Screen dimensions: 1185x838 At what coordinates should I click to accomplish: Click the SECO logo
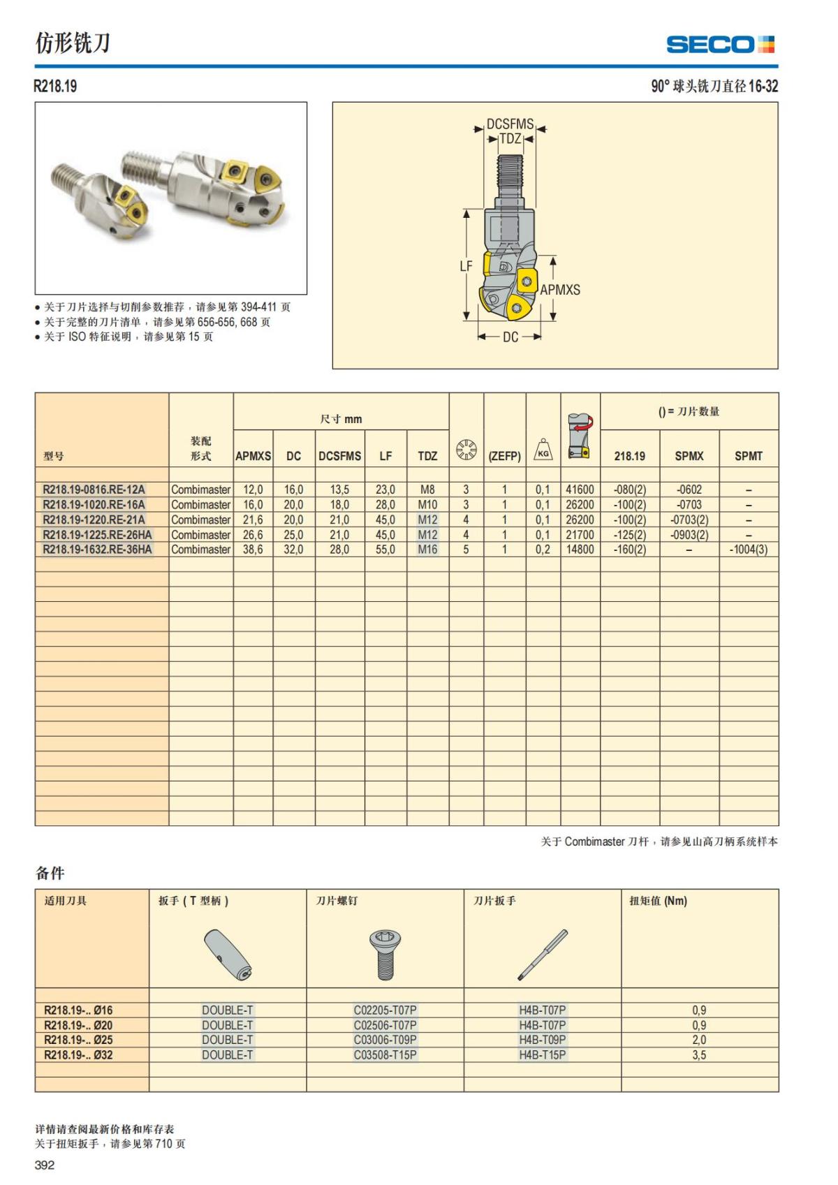pos(720,45)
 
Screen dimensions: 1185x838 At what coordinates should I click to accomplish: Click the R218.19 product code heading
pos(55,87)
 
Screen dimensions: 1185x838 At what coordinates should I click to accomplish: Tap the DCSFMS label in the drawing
pos(510,124)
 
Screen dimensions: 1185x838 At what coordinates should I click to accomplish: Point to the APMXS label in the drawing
pos(560,290)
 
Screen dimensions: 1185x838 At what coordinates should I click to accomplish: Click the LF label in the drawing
pos(466,266)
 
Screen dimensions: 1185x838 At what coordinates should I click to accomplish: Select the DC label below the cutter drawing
pos(510,337)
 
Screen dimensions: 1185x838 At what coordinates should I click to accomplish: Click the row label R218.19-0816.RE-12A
pos(94,490)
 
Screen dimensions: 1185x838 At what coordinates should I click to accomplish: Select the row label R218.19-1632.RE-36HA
pos(97,550)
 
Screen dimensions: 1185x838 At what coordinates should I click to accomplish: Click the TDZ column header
pos(427,456)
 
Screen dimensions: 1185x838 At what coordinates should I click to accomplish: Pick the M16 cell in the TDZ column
pos(427,550)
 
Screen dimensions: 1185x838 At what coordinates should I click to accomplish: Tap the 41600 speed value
pos(580,490)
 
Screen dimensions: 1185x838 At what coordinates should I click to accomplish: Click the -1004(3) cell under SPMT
pos(748,550)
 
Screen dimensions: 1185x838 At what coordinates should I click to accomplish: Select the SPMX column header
pos(689,456)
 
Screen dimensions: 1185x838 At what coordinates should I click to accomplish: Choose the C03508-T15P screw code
pos(385,1055)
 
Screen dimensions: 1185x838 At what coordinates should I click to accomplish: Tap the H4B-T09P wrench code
pos(542,1040)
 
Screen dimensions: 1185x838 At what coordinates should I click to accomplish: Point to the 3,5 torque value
pos(699,1055)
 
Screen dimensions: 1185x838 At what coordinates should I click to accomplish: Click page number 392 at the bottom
pos(45,1165)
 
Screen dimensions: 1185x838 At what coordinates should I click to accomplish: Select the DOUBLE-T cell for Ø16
pos(227,1010)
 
